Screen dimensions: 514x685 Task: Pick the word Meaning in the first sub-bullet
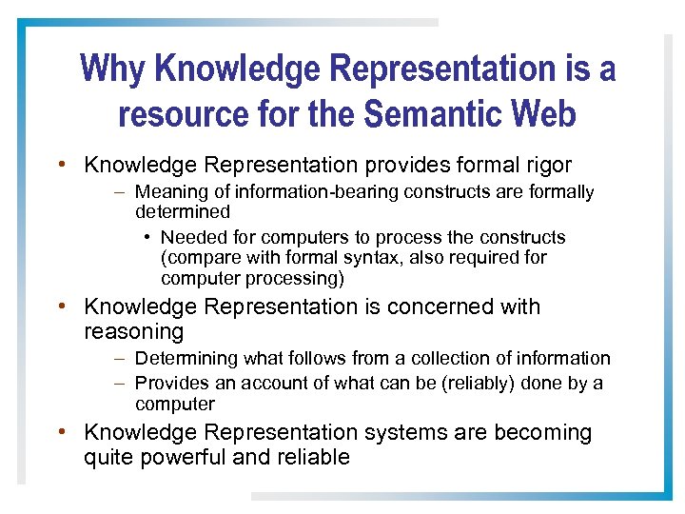[168, 192]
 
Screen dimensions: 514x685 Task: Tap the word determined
[183, 211]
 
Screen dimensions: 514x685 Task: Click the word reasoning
[133, 331]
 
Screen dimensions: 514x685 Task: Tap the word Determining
[186, 358]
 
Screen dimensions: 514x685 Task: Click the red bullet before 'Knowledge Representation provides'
[61, 165]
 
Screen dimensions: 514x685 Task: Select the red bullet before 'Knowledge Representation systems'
[61, 432]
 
